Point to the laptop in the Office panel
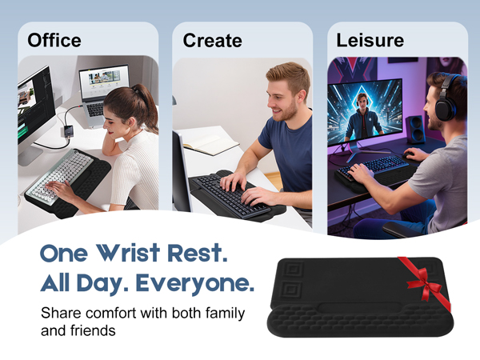pos(103,90)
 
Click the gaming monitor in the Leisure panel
pos(365,112)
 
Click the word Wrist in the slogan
pos(139,254)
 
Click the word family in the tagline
pos(221,313)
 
